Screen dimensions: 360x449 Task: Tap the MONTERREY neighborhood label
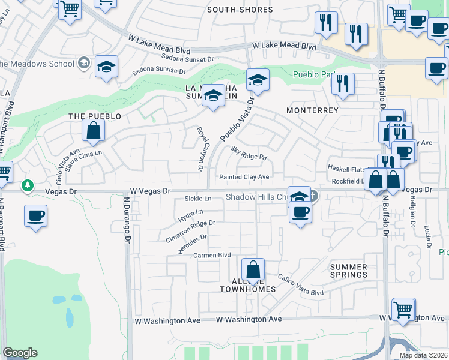click(312, 111)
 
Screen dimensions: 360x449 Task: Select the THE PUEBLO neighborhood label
click(95, 116)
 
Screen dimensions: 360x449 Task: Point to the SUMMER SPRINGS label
click(349, 271)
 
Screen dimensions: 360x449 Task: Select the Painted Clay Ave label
click(244, 177)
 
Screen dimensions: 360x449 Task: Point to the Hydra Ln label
click(191, 212)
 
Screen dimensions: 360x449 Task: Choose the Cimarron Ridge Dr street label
click(190, 230)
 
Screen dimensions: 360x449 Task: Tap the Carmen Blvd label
click(212, 255)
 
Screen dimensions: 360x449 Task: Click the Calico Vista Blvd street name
click(300, 285)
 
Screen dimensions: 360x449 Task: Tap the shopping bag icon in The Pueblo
click(94, 130)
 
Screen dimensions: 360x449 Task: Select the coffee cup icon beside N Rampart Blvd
click(36, 215)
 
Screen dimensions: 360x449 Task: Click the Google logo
click(20, 352)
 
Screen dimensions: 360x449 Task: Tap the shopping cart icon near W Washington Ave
click(403, 310)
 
